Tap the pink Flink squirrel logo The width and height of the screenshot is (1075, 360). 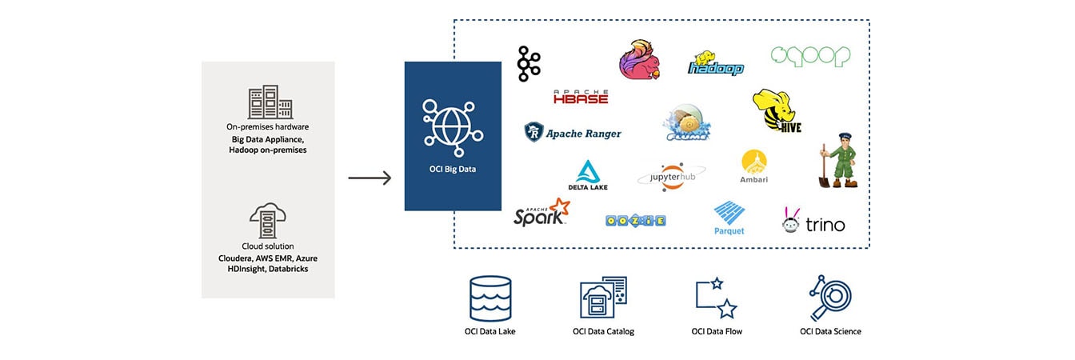tap(640, 59)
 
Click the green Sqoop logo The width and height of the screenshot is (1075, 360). tap(810, 56)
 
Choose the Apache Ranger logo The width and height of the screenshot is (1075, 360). tap(573, 133)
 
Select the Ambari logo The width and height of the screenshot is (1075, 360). tap(754, 166)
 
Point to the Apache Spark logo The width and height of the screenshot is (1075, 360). tap(541, 213)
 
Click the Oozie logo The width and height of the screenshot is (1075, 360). tap(637, 220)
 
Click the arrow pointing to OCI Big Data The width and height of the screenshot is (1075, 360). tap(370, 178)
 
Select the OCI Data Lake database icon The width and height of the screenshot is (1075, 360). tap(490, 298)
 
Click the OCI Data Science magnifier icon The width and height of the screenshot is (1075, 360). tap(829, 298)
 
